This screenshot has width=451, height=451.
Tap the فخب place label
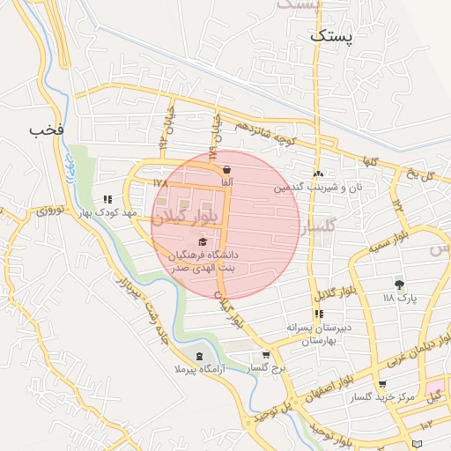coord(46,130)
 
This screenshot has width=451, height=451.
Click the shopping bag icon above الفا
coord(227,169)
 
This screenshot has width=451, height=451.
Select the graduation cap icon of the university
coord(203,240)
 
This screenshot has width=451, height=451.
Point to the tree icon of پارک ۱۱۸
coord(400,284)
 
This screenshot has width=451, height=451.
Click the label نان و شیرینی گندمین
coord(318,188)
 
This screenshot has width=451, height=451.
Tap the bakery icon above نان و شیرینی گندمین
coord(318,174)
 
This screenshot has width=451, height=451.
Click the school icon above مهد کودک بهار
coord(107,199)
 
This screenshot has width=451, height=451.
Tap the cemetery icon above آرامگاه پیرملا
coord(198,356)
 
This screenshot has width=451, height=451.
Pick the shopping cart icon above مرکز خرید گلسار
coord(381,384)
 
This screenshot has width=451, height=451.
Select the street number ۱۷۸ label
coord(159,182)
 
